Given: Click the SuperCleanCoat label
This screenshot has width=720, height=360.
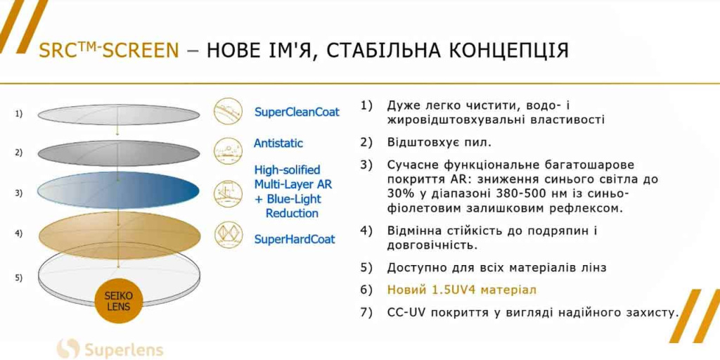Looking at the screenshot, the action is click(x=297, y=112).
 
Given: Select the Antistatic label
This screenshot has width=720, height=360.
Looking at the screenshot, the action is click(x=278, y=143).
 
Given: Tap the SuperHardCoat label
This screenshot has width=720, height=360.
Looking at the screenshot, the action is click(x=295, y=239).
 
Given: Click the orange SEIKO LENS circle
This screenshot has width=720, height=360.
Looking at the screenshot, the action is click(x=119, y=301).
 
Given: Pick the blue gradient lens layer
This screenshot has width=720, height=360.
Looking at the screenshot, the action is click(x=118, y=193).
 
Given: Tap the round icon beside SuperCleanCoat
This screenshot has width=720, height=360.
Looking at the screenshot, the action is click(x=228, y=112).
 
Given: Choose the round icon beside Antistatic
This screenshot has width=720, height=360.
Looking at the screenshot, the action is click(x=228, y=150).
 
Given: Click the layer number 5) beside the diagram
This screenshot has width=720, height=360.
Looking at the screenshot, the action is click(x=19, y=277).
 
